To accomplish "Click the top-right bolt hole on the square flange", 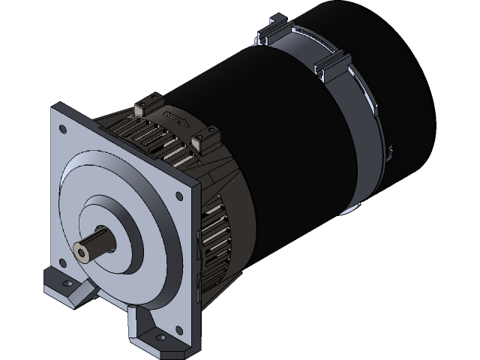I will click(178, 196).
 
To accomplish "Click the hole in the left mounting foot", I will click(66, 286).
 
